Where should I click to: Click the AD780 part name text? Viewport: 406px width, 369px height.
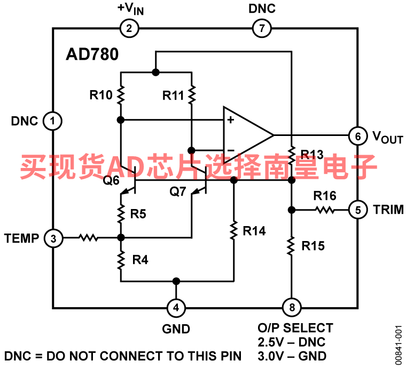pyautogui.click(x=92, y=54)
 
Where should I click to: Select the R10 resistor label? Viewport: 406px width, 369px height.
pyautogui.click(x=101, y=95)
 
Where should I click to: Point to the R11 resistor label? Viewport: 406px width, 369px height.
pyautogui.click(x=173, y=95)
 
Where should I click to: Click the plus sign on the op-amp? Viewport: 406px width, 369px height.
pyautogui.click(x=230, y=120)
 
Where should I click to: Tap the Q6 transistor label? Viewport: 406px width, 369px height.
pyautogui.click(x=111, y=180)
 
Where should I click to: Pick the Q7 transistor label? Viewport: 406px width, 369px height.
pyautogui.click(x=177, y=191)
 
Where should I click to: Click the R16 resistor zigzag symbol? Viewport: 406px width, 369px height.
pyautogui.click(x=325, y=210)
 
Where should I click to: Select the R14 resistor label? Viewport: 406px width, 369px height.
pyautogui.click(x=254, y=231)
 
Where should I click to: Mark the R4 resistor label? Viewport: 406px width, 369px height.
pyautogui.click(x=140, y=260)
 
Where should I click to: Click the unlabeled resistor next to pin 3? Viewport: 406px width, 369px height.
pyautogui.click(x=89, y=238)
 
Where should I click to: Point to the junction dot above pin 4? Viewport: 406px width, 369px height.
pyautogui.click(x=176, y=281)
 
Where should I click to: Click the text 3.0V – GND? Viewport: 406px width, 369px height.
pyautogui.click(x=292, y=356)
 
